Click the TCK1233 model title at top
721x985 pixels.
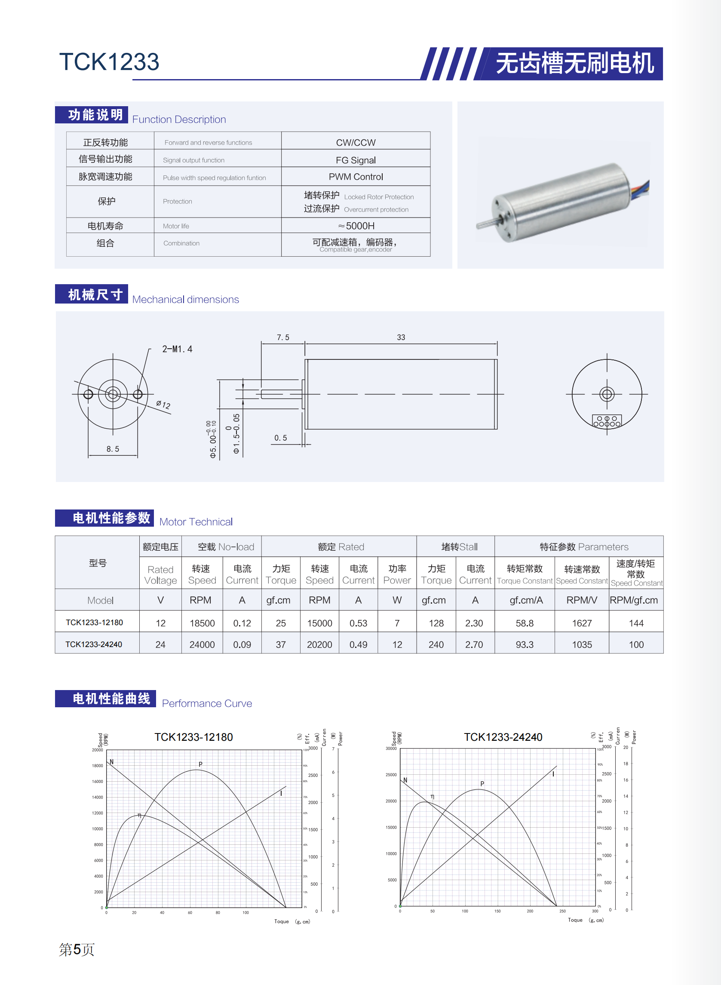click(x=109, y=61)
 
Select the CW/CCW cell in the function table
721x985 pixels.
click(x=355, y=143)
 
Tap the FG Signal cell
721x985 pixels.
click(x=355, y=160)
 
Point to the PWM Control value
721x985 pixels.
click(x=355, y=177)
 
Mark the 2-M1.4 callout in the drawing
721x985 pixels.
click(x=177, y=349)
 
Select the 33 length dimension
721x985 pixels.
click(x=401, y=338)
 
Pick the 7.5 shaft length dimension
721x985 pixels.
click(x=283, y=338)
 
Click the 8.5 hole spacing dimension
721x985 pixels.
click(x=113, y=448)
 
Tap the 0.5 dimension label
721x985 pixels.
click(x=280, y=438)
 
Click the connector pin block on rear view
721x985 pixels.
click(x=606, y=421)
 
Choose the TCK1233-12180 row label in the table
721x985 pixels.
click(x=94, y=622)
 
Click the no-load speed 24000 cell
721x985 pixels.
click(x=202, y=644)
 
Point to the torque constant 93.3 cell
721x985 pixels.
click(x=524, y=644)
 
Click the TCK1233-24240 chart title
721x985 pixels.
click(x=503, y=737)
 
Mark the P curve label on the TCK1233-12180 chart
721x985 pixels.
click(x=200, y=764)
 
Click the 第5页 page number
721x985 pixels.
click(x=77, y=949)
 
